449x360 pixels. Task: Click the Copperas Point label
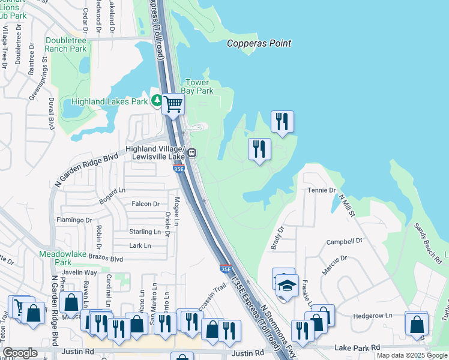(x=259, y=43)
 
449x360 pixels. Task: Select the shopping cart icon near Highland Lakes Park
(x=173, y=104)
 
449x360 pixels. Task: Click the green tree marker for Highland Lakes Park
(x=156, y=101)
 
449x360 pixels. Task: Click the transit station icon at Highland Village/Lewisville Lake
(x=191, y=152)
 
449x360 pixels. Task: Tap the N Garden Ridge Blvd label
(x=86, y=168)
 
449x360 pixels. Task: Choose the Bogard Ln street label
(x=113, y=194)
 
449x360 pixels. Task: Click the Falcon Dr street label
(x=146, y=204)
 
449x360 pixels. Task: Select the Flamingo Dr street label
(x=74, y=220)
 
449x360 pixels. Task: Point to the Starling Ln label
(x=145, y=232)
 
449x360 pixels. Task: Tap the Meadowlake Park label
(x=63, y=258)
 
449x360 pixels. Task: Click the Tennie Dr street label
(x=322, y=190)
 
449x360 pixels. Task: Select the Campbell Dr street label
(x=345, y=241)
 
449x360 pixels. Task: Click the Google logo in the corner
(x=20, y=353)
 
